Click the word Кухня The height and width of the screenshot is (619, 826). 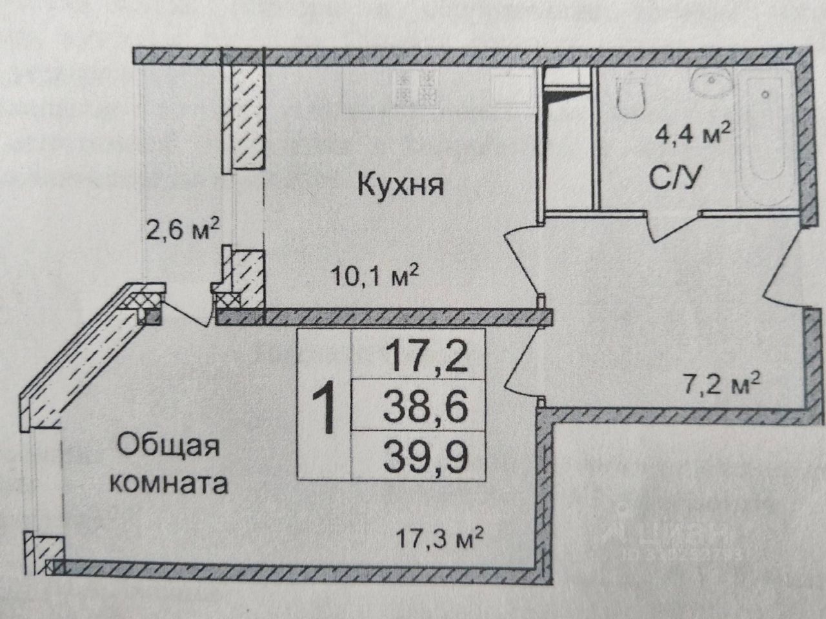click(401, 186)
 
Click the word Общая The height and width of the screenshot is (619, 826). click(170, 444)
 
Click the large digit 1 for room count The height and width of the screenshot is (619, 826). click(323, 406)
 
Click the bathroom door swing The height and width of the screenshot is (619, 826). click(671, 226)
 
